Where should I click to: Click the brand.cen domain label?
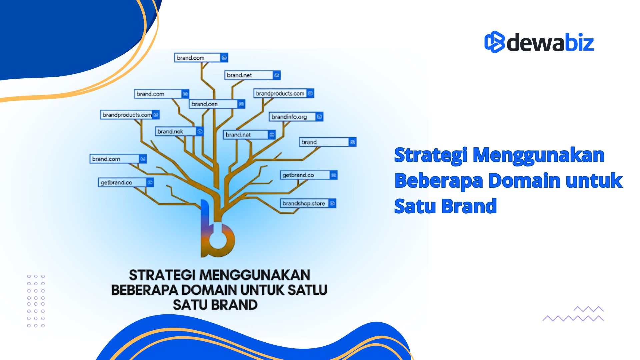coord(205,104)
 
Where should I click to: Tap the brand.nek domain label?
coord(170,131)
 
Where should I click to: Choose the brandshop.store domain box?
coord(304,203)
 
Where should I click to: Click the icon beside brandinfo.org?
coord(319,117)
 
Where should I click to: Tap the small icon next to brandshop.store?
coord(332,203)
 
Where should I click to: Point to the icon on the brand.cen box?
coord(241,104)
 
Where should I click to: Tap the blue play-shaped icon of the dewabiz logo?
coord(494,42)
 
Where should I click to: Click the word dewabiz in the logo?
coord(550,43)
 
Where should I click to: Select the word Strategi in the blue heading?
coord(430,155)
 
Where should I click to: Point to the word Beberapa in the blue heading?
coord(439,181)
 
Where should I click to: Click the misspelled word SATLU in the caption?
coord(307,290)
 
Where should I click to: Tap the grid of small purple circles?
coord(36,301)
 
